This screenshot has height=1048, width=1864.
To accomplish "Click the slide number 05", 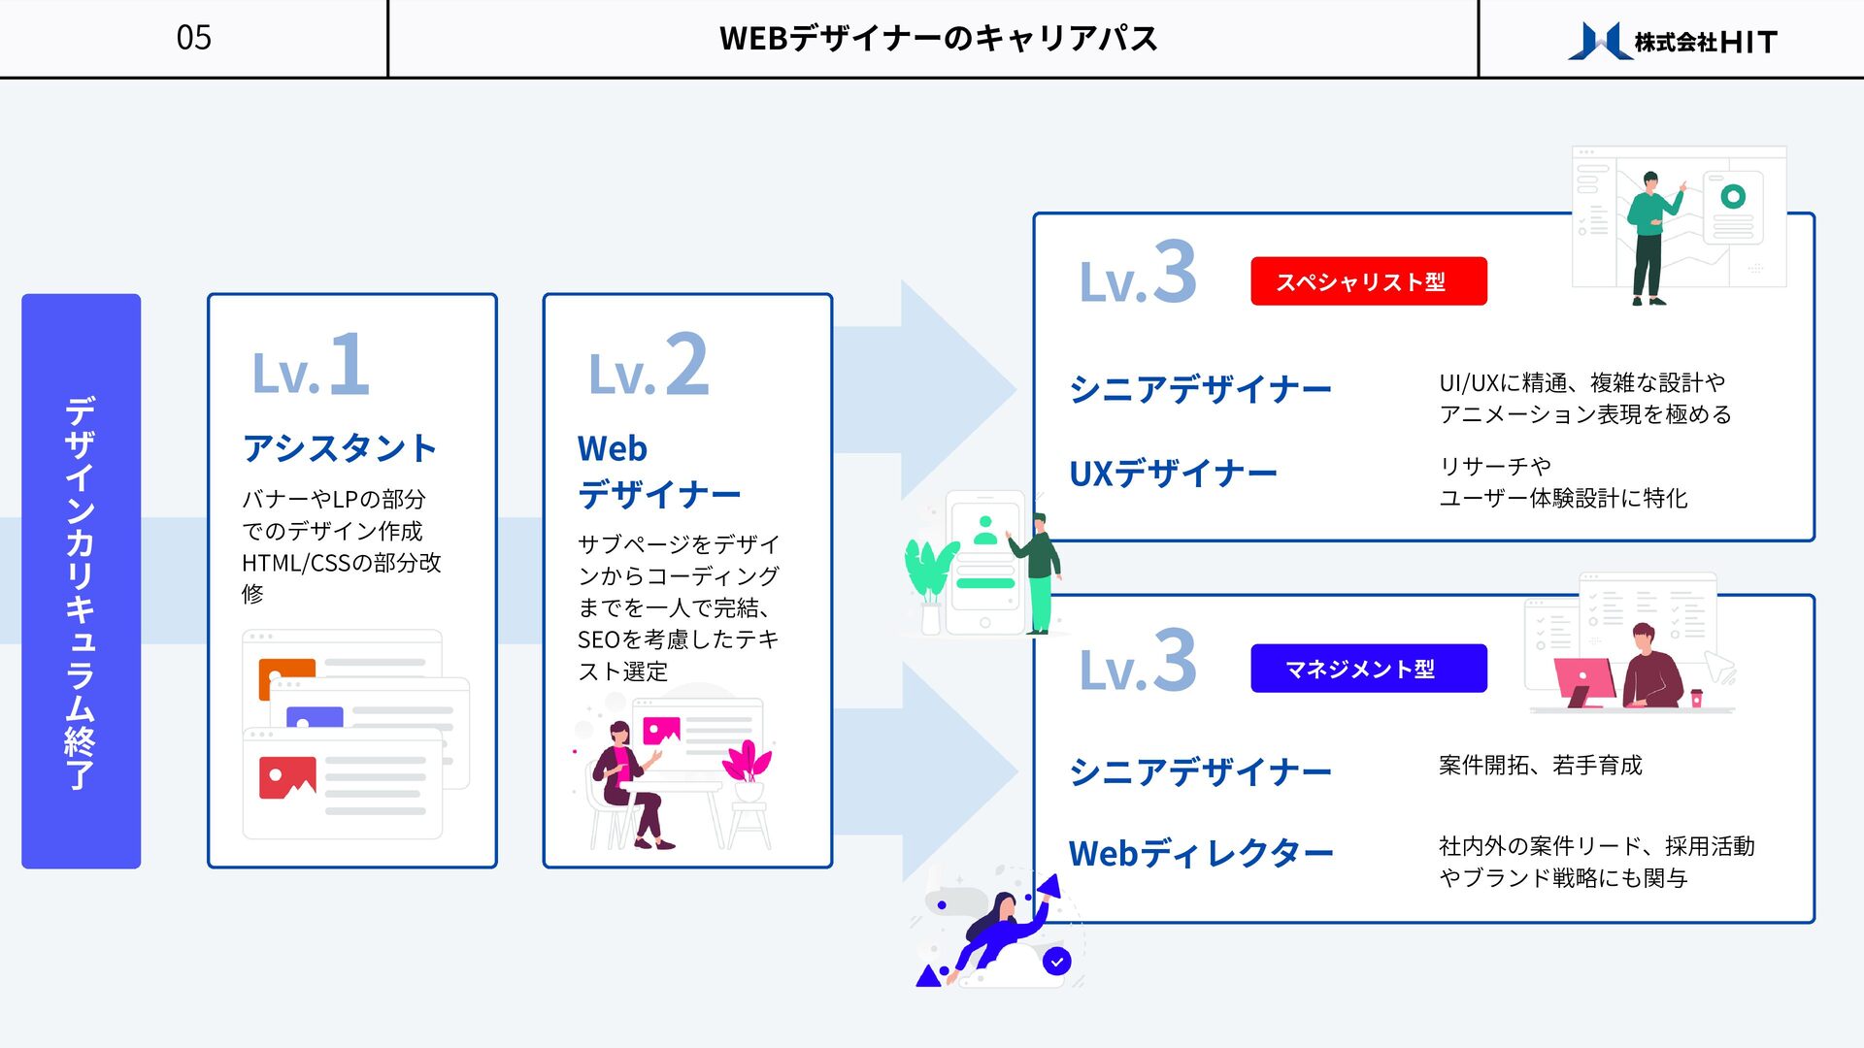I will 193,38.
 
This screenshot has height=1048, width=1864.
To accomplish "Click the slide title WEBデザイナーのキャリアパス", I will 938,39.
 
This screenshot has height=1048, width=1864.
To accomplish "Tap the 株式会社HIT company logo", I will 1672,41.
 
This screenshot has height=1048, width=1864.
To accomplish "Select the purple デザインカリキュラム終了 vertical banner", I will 81,580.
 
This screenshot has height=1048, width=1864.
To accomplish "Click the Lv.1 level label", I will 311,365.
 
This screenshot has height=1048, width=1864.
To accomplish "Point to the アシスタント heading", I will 340,448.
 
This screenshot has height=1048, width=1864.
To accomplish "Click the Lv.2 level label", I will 649,366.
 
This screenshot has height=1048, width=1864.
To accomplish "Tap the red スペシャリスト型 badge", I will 1368,281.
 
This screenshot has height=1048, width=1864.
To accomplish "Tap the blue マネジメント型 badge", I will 1368,669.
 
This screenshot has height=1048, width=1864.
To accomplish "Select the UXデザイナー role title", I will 1173,474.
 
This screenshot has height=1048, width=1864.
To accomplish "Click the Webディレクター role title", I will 1201,854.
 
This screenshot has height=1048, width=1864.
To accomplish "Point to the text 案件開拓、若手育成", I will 1540,766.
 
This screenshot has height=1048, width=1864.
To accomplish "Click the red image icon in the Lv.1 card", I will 287,777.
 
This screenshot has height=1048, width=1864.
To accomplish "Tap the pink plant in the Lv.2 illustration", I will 747,763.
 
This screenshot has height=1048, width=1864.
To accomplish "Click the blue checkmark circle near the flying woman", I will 1056,961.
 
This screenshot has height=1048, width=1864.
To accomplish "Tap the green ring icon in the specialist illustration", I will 1733,196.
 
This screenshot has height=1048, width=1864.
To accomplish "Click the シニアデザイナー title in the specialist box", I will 1200,389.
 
